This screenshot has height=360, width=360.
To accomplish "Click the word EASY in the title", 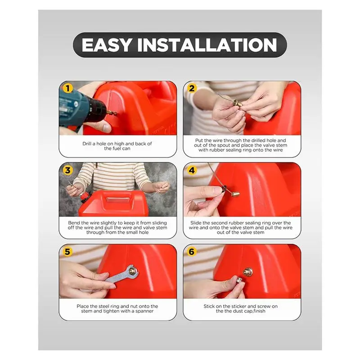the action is (107, 45).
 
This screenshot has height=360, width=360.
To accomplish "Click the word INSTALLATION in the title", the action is (207, 45).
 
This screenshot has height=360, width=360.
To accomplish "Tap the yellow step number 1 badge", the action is (67, 88).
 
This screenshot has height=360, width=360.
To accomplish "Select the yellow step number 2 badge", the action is (192, 88).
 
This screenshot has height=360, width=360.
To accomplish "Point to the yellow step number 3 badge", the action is (67, 171).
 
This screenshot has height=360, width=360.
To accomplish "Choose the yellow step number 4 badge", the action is (192, 171).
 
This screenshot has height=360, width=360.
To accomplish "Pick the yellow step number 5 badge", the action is (67, 252).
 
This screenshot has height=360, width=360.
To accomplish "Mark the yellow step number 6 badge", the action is (192, 252).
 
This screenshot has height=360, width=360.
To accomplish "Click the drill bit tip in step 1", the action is (116, 113).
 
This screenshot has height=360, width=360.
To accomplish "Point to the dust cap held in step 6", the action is (239, 280).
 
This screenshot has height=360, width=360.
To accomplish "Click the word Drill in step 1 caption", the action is (87, 144).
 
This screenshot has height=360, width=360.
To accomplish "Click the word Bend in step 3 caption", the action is (73, 223).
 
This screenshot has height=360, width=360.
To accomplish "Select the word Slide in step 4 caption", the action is (196, 223).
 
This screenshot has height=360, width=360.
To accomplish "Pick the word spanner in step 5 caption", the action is (144, 311).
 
